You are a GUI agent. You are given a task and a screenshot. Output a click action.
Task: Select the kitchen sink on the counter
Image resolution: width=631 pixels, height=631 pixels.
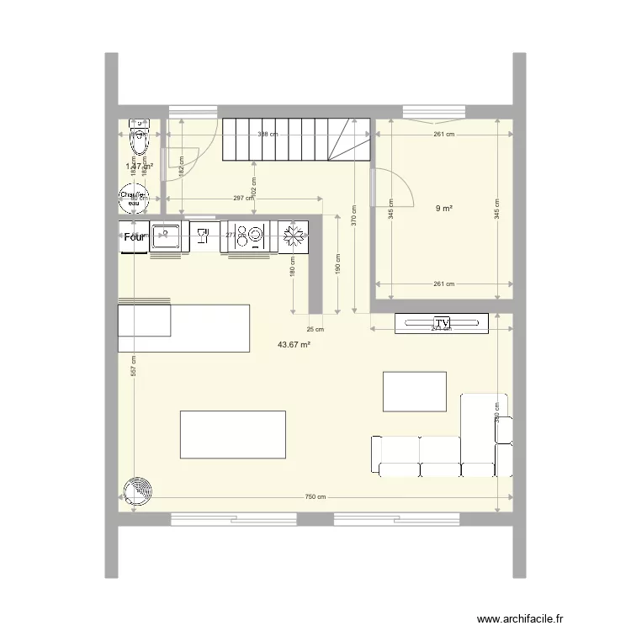(x=165, y=236)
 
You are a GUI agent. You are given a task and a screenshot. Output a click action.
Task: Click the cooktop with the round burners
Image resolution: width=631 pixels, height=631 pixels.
(x=250, y=236)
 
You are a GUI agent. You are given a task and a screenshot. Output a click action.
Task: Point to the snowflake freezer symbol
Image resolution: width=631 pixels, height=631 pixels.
(x=293, y=237)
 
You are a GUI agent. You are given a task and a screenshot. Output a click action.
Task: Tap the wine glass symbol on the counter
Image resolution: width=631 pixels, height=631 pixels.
(x=202, y=236)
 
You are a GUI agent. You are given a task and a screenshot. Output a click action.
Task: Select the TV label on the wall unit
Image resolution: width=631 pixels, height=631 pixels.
(x=442, y=323)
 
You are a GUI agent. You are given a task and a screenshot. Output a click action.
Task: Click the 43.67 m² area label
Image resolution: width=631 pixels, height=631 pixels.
(x=294, y=344)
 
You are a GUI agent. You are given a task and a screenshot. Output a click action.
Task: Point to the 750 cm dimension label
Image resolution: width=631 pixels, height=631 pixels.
(x=315, y=497)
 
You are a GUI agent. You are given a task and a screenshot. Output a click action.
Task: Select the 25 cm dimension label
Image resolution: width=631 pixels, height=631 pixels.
(x=315, y=329)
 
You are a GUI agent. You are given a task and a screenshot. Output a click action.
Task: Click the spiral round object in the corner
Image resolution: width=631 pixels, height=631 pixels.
(x=137, y=493)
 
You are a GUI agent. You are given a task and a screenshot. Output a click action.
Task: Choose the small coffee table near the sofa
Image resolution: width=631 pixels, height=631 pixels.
(x=414, y=391)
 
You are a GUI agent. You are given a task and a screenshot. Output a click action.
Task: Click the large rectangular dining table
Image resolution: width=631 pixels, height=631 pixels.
(x=233, y=434)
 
